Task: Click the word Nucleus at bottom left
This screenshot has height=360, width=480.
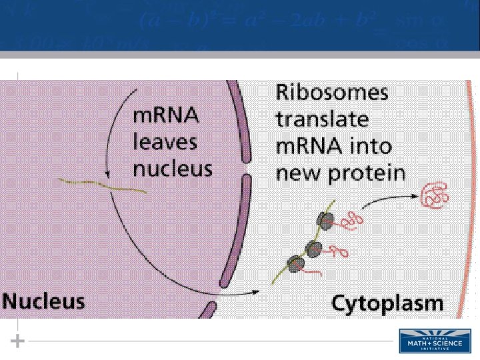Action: click(44, 301)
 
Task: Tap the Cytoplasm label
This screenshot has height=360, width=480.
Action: click(387, 304)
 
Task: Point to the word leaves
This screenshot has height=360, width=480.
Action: click(165, 141)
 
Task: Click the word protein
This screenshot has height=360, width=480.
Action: click(369, 174)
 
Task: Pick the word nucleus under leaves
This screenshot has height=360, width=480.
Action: click(173, 167)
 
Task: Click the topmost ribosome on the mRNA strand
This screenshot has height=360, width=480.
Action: click(325, 221)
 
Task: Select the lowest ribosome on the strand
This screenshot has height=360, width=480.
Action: click(295, 263)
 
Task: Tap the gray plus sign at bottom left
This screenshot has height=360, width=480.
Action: click(18, 341)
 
